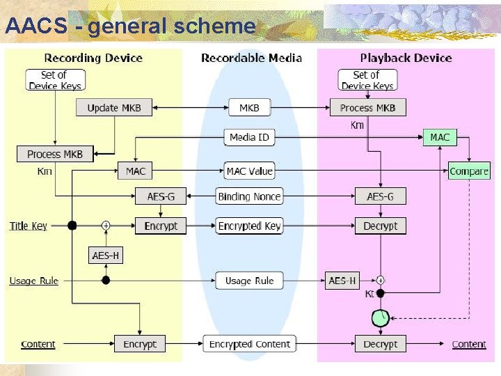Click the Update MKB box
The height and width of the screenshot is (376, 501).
[113, 108]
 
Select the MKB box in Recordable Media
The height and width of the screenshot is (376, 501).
[249, 108]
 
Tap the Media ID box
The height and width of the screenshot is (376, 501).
[249, 138]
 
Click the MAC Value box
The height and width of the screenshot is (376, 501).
[249, 171]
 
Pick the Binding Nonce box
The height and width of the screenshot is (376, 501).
[249, 196]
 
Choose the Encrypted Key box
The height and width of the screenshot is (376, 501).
[249, 226]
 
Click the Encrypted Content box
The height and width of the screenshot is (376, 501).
[249, 344]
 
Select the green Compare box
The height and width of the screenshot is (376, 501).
[469, 171]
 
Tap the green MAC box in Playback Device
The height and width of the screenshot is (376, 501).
[440, 138]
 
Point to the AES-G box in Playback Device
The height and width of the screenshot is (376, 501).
[380, 196]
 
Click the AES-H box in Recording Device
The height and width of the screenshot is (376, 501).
[106, 256]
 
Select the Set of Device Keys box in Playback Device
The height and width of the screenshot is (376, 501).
[367, 80]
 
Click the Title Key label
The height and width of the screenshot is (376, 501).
[29, 226]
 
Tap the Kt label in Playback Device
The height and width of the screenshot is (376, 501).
[370, 294]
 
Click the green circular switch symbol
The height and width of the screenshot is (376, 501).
[379, 318]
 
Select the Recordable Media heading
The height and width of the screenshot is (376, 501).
[251, 58]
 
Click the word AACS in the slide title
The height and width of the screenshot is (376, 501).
[35, 26]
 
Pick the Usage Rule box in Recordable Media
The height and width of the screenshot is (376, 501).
[249, 281]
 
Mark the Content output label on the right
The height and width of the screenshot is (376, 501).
[468, 344]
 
